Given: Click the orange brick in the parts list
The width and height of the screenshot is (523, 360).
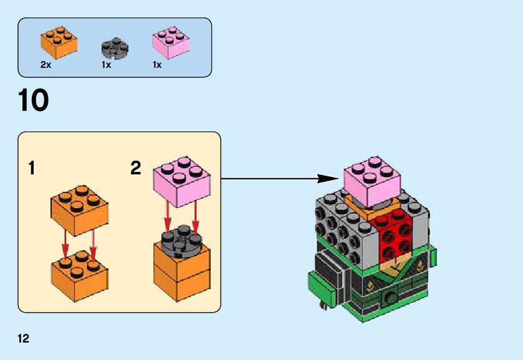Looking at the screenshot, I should tap(59, 41).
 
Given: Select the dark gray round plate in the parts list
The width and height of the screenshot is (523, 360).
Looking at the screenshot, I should tap(115, 48).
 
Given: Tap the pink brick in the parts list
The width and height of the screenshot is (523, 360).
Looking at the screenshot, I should tap(171, 42).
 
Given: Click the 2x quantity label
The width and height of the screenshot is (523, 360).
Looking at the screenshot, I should tap(46, 65).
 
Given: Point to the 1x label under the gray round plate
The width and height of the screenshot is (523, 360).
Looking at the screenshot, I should tap(106, 65).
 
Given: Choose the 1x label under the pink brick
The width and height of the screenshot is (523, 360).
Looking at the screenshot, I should tap(157, 65).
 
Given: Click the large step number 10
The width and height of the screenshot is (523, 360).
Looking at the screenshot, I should tap(34, 101).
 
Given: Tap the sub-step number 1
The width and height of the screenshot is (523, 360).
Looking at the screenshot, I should tap(31, 168).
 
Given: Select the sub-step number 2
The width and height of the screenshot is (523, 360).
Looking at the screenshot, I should tap(136, 168).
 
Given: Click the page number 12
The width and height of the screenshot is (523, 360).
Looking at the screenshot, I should tap(24, 339).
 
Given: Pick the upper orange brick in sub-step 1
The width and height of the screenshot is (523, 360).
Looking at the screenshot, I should tap(79, 209).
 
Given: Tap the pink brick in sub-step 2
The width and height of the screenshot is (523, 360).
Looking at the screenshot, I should tap(181, 181).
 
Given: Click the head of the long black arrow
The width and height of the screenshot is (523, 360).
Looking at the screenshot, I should tap(327, 179).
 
